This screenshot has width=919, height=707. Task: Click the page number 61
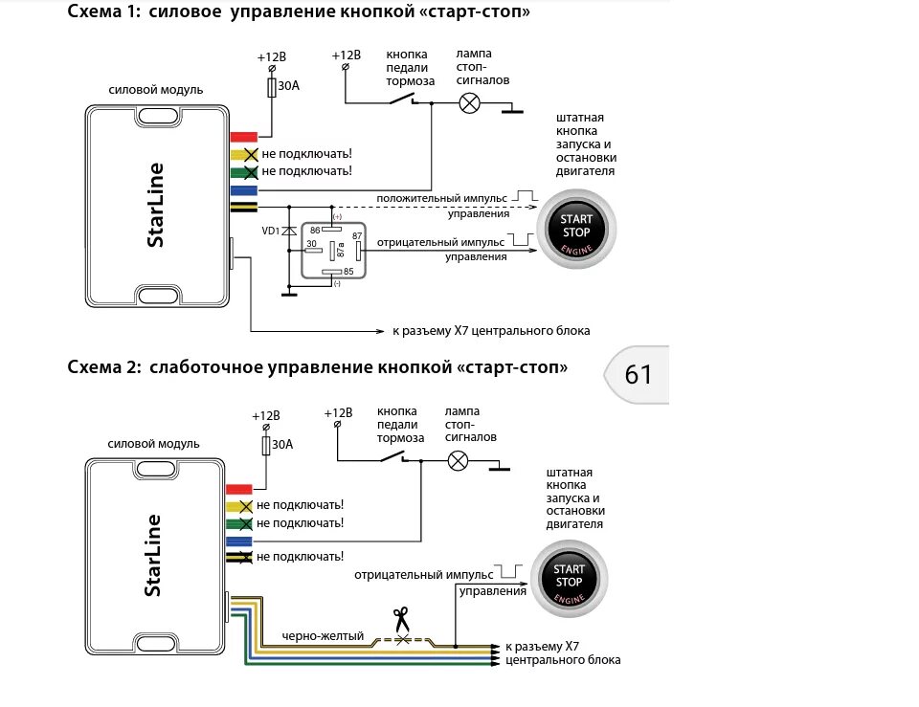point(639,373)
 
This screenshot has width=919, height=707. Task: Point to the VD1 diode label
point(272,231)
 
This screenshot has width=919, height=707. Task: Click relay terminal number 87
point(356,235)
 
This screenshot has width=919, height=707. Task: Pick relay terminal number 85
point(347,271)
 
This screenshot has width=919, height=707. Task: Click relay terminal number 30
point(311,244)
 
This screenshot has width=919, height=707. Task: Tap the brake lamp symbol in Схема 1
point(470,104)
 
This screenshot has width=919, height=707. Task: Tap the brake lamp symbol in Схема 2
point(459,461)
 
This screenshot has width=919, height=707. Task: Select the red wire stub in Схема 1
point(243,137)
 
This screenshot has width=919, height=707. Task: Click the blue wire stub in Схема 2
point(238,541)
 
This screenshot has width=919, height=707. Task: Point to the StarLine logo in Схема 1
point(155,206)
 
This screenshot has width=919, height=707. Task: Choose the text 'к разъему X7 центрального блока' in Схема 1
point(491,331)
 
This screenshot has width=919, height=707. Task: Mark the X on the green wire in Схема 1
point(251,171)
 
